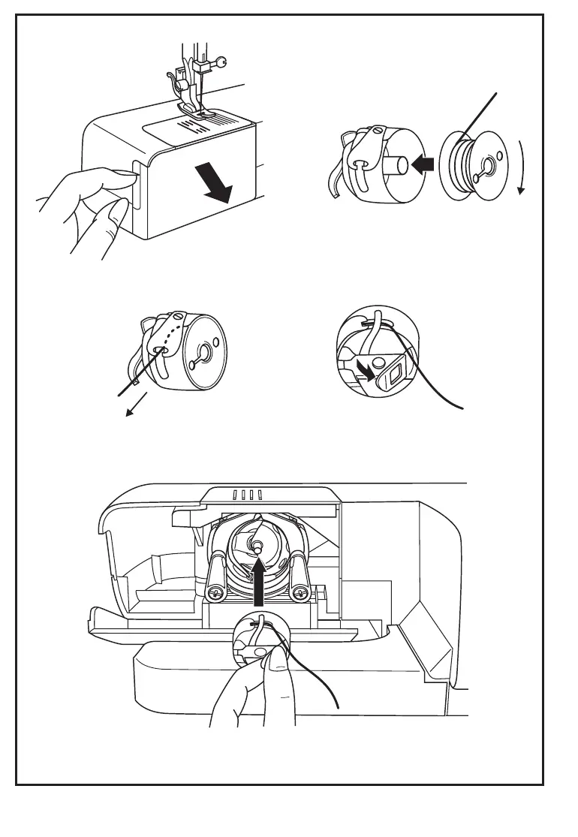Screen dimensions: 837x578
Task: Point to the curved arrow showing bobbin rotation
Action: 520,167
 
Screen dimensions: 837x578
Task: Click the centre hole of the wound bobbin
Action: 489,167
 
